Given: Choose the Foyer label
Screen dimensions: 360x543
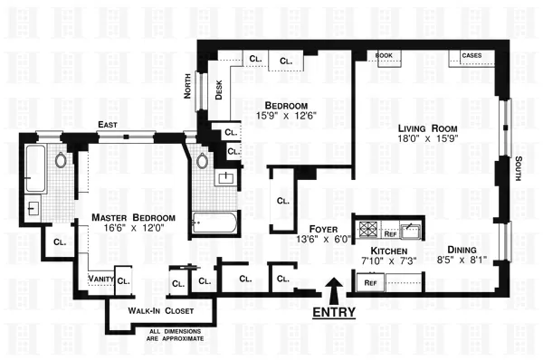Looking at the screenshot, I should pos(325,228).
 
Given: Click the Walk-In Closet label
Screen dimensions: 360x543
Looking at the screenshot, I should pos(155,310).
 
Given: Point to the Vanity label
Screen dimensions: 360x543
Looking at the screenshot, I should pos(100,279).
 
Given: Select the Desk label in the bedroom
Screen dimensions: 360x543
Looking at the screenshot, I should pos(218,90).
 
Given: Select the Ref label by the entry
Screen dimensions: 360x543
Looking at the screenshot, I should pos(370,282).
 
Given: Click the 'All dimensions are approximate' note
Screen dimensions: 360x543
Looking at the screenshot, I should pos(176,334).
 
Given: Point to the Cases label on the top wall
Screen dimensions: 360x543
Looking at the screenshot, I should pos(472,55).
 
